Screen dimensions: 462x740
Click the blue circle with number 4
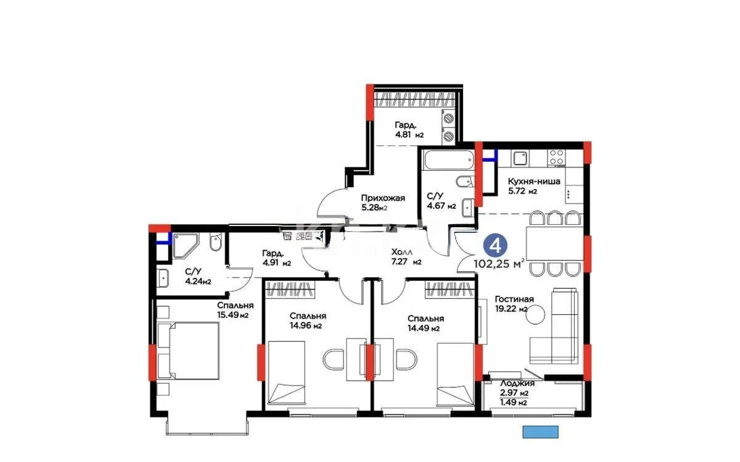coord(495,245)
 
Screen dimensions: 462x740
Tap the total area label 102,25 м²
coord(499,264)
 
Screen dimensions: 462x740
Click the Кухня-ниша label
coord(533,186)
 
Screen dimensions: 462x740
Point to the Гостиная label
coord(514,304)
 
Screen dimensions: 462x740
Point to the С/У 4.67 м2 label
coord(441,201)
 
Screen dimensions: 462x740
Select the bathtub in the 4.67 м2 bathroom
coord(446,160)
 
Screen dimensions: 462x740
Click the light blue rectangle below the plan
coord(540,432)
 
